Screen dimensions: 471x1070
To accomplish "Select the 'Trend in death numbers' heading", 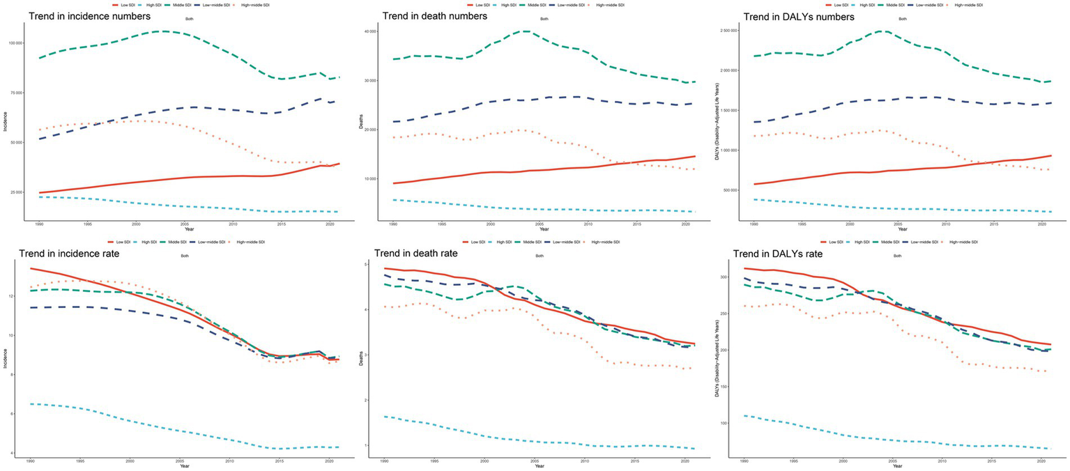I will click(x=431, y=17).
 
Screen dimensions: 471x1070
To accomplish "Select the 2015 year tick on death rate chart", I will click(x=637, y=461).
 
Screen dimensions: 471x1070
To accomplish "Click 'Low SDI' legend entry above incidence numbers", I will click(x=126, y=5).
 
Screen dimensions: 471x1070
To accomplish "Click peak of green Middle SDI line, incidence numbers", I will click(x=162, y=31).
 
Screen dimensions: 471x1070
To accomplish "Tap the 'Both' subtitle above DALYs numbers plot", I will click(x=903, y=19).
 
